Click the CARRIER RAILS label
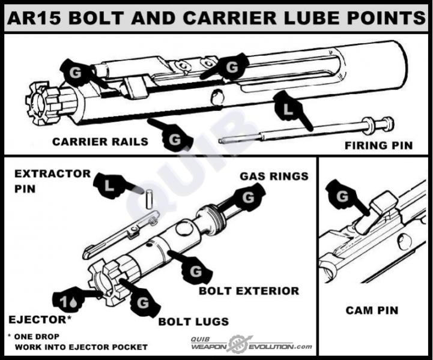click(x=100, y=142)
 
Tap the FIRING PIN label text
click(x=378, y=145)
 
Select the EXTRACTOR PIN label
click(x=53, y=180)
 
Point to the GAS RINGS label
click(x=274, y=176)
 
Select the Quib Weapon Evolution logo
click(x=251, y=344)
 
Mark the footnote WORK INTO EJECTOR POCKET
click(x=81, y=347)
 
